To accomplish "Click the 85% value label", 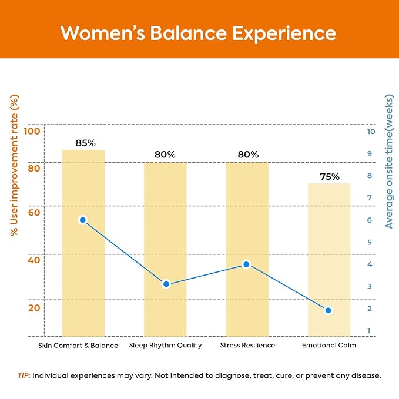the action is pos(86,143).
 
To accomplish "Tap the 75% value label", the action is pos(330,177).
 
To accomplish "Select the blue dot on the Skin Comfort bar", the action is pos(83,220).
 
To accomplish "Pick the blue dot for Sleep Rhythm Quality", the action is pos(166,284).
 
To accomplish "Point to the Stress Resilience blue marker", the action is pos(246,264).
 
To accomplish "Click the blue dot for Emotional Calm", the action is pos(328,310).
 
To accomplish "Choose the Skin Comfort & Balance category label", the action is pos(78,346).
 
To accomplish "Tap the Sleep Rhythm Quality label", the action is pos(165,346).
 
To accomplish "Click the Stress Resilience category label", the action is pos(247,345).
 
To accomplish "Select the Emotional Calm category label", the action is pos(329,345).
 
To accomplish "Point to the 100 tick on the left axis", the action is pos(32,131).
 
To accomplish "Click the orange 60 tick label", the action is pos(34,213).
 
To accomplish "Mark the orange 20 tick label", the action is pos(34,308).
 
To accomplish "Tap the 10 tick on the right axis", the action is pos(371,132).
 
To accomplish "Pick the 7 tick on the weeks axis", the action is pos(370,197).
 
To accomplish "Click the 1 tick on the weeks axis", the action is pos(368,331).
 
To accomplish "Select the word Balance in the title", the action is pos(188,33).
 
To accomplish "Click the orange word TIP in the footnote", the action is pos(24,375).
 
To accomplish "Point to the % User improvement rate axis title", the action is pos(14,165).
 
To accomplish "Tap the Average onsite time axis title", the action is pos(389,162).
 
